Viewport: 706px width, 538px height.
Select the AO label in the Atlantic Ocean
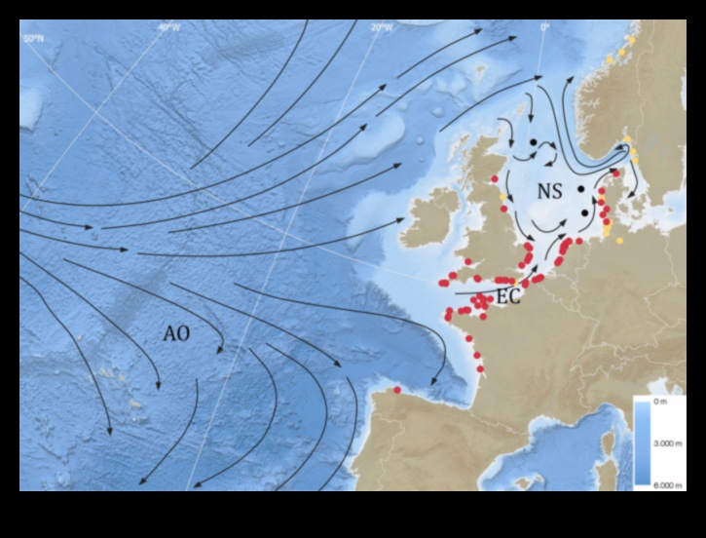176,333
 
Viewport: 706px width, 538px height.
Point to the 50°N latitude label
34,37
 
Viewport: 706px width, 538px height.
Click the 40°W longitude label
169,28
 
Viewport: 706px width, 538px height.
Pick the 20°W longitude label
382,28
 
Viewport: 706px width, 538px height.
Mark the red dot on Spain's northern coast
397,390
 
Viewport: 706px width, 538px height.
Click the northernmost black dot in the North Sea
533,143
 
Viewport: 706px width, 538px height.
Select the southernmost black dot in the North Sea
584,212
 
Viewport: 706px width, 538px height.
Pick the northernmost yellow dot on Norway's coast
634,39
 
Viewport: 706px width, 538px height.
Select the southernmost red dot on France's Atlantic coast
481,368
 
